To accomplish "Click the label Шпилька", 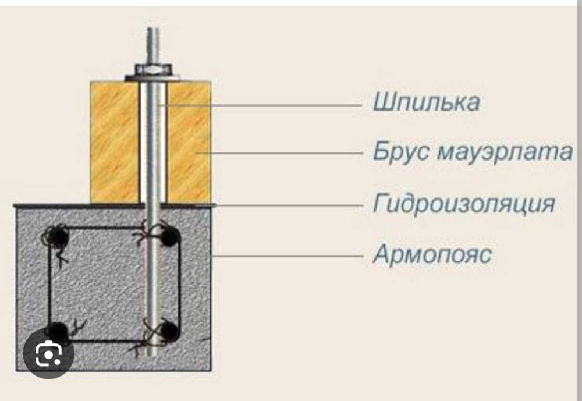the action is (x=426, y=102).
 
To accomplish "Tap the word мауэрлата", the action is (x=505, y=152).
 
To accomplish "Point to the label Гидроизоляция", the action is (x=464, y=204).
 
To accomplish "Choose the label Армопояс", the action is (x=432, y=254).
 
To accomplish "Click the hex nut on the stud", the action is (x=153, y=69).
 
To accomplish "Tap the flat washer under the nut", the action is (x=153, y=78).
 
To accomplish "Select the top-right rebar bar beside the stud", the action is (x=169, y=236).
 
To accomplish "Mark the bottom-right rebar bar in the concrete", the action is (x=169, y=331).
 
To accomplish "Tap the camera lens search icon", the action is (x=48, y=353).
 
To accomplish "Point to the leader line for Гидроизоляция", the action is (x=289, y=205).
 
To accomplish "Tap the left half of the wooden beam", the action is (x=115, y=142).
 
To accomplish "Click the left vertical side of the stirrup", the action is (x=49, y=283).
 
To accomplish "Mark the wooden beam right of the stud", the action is (x=189, y=142).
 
